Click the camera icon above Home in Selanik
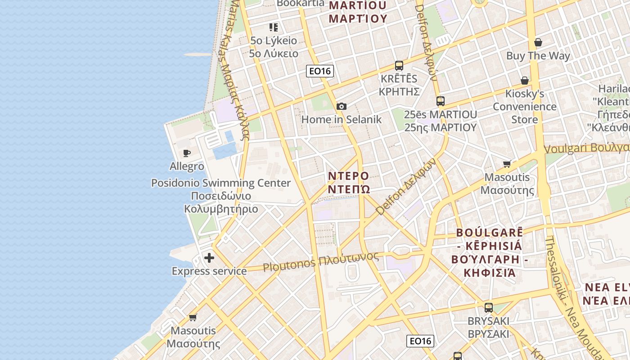pos(342,106)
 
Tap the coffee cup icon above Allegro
pos(187,153)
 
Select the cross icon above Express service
pos(209,258)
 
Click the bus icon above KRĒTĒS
pos(399,65)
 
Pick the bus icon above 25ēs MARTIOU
pos(440,101)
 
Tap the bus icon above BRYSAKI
pos(488,308)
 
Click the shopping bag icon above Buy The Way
pos(538,43)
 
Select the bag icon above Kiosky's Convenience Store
pos(525,81)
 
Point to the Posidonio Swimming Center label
pos(221,183)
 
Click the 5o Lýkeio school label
pos(274,40)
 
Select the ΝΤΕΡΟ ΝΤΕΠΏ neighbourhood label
pos(348,182)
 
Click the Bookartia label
pos(300,3)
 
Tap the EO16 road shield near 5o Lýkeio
pos(320,71)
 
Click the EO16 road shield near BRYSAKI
pos(420,341)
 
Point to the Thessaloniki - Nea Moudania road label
pos(571,297)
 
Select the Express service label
pos(209,271)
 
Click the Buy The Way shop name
pos(538,56)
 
